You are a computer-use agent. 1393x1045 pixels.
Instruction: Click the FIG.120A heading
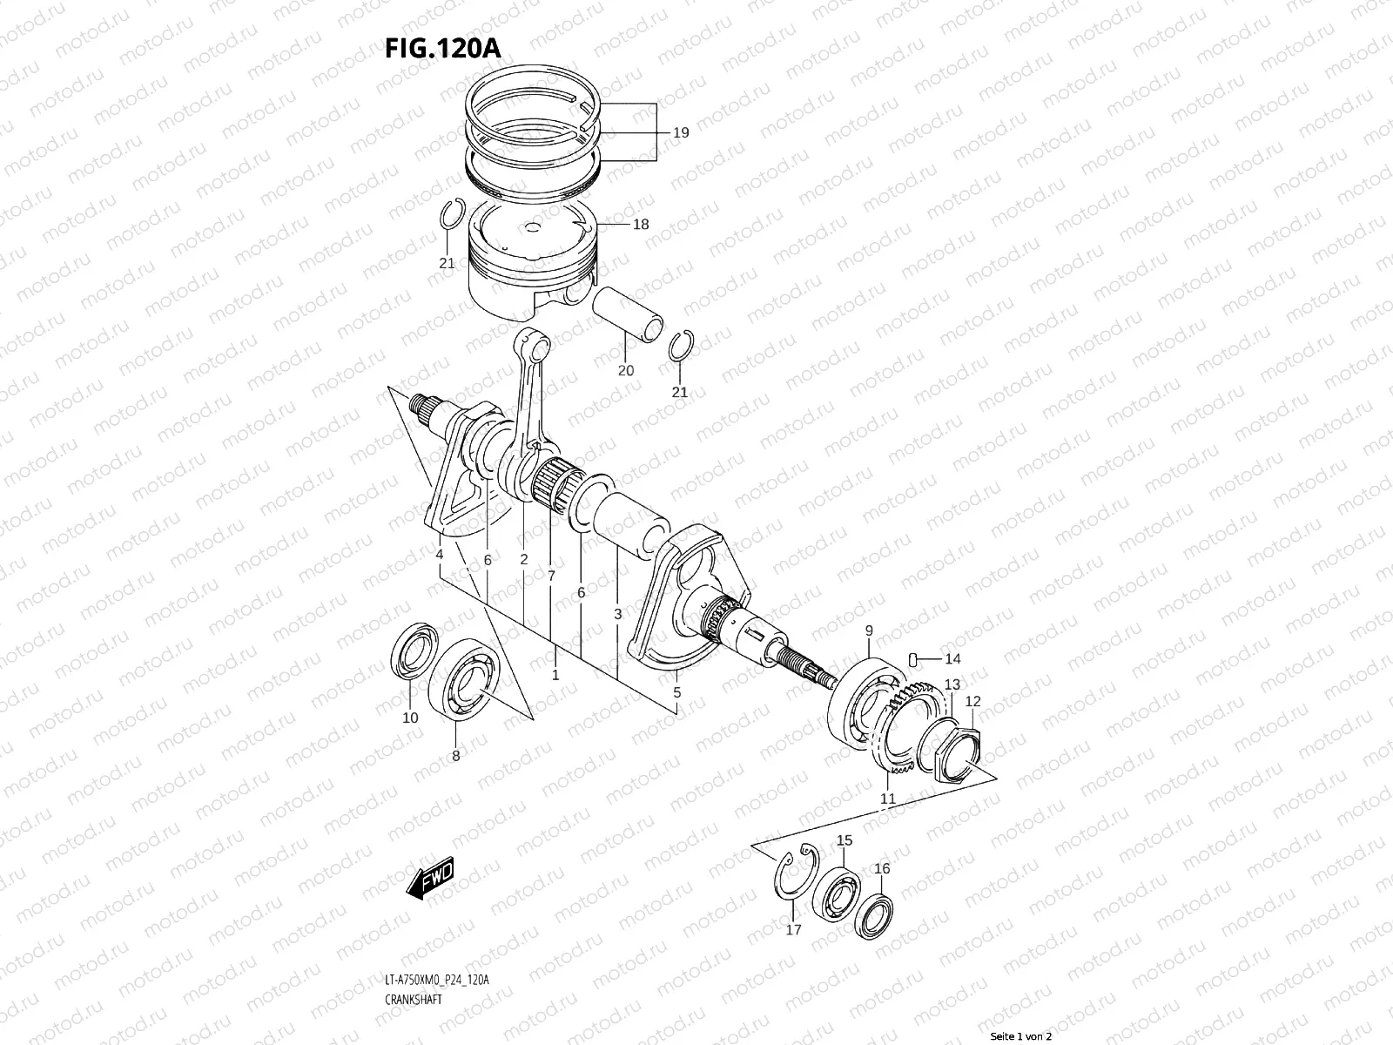point(442,49)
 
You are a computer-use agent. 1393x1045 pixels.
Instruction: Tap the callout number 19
point(681,132)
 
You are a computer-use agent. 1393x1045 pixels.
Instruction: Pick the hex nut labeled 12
point(961,752)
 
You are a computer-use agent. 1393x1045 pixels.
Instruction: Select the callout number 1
point(555,675)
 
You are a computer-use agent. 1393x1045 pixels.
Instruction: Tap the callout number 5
point(676,694)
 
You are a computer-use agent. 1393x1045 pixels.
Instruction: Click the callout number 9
point(868,630)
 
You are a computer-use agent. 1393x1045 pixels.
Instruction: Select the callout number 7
point(551,576)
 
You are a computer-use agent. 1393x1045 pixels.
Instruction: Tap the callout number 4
point(440,555)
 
